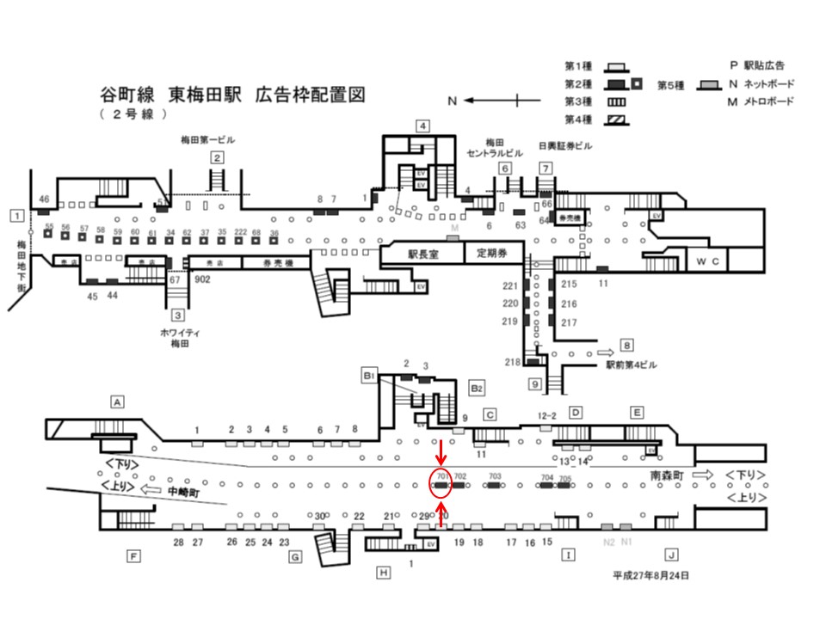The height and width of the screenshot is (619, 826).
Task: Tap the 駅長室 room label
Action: pos(422,254)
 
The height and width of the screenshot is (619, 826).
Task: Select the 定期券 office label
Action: pos(487,254)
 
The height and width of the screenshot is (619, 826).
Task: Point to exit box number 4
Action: pos(422,126)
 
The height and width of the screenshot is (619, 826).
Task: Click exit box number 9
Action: pos(533,384)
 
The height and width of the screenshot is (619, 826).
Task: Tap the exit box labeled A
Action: pos(118,401)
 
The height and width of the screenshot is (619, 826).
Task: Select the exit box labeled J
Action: pos(671,555)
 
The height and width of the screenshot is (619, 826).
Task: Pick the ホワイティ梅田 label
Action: pos(180,337)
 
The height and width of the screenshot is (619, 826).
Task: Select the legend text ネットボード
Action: pos(767,84)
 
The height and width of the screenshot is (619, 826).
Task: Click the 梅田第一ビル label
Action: pos(207,139)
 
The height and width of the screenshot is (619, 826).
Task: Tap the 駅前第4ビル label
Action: pos(632,365)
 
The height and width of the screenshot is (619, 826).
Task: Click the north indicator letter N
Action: pos(453,101)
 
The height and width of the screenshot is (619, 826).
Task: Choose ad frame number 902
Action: pos(202,279)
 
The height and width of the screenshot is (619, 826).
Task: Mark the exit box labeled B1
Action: pos(368,376)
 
